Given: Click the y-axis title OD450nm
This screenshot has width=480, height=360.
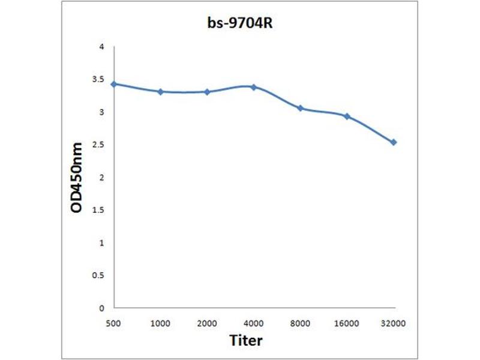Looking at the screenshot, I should (x=76, y=178).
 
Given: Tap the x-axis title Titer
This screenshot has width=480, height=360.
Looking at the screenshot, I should (x=246, y=340).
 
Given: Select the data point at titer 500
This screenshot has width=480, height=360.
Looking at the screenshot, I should (x=114, y=84).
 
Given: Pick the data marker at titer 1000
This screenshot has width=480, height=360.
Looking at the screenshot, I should (x=160, y=92).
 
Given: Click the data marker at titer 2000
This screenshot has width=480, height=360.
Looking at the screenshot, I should (x=207, y=92).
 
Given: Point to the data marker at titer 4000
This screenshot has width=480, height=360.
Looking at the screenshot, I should (x=254, y=87).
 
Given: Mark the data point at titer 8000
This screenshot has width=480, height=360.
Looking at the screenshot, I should (x=300, y=108).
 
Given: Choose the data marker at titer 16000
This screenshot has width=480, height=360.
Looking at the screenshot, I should (x=347, y=116).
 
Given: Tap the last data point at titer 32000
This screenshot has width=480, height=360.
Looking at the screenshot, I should (x=394, y=142).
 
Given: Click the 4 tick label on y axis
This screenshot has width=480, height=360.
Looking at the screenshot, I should (x=101, y=47).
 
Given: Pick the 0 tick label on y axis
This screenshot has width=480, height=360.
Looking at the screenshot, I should (x=101, y=308).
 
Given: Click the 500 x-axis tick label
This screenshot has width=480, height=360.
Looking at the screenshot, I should (x=114, y=323).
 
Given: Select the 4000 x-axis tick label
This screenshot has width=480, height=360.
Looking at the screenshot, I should (x=254, y=323).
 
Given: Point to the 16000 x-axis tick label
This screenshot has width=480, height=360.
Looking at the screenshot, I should (x=347, y=323).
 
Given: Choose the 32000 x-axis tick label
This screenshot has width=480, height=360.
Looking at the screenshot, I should (x=394, y=323).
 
